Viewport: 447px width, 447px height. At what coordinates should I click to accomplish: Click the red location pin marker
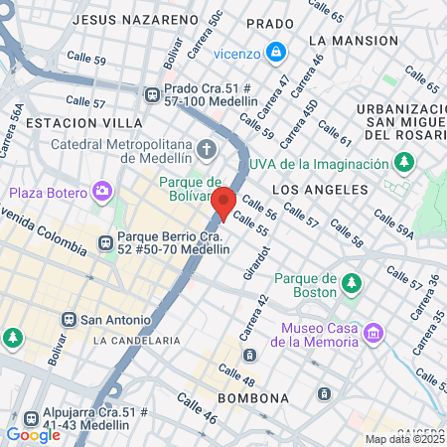[x=223, y=202]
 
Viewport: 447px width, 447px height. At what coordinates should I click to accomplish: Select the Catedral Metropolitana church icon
[x=207, y=150]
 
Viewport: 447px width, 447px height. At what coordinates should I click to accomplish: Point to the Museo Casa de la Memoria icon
[x=372, y=333]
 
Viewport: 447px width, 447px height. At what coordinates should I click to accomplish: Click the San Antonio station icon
[x=69, y=320]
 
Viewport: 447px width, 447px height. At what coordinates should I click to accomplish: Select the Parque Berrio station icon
[x=104, y=242]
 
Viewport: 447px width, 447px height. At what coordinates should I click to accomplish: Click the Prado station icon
[x=152, y=94]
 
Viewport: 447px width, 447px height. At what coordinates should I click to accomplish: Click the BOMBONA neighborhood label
[x=252, y=398]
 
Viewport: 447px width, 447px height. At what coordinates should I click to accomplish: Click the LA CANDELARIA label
[x=136, y=340]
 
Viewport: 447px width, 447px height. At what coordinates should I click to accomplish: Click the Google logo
[x=33, y=434]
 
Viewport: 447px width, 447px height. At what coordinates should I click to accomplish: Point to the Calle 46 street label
[x=197, y=409]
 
